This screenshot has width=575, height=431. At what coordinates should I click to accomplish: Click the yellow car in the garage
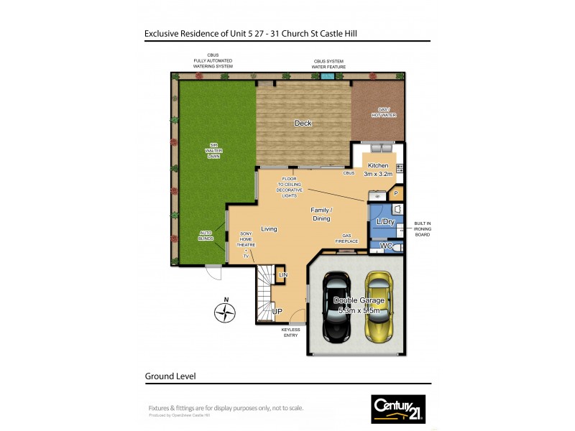(x=378, y=307)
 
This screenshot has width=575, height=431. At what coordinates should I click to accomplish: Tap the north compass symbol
(x=226, y=312)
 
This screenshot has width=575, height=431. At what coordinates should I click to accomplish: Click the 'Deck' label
(x=303, y=124)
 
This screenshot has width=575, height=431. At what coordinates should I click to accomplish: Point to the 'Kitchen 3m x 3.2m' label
(x=377, y=170)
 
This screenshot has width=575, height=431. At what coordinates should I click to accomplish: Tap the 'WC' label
(x=385, y=246)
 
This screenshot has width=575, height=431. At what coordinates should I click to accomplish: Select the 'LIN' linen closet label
(x=282, y=275)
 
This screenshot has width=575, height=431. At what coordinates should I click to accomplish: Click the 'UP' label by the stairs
(x=276, y=312)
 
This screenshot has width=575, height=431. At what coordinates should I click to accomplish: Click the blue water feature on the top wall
(x=328, y=74)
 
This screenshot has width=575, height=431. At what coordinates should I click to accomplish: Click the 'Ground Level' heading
(x=170, y=376)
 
